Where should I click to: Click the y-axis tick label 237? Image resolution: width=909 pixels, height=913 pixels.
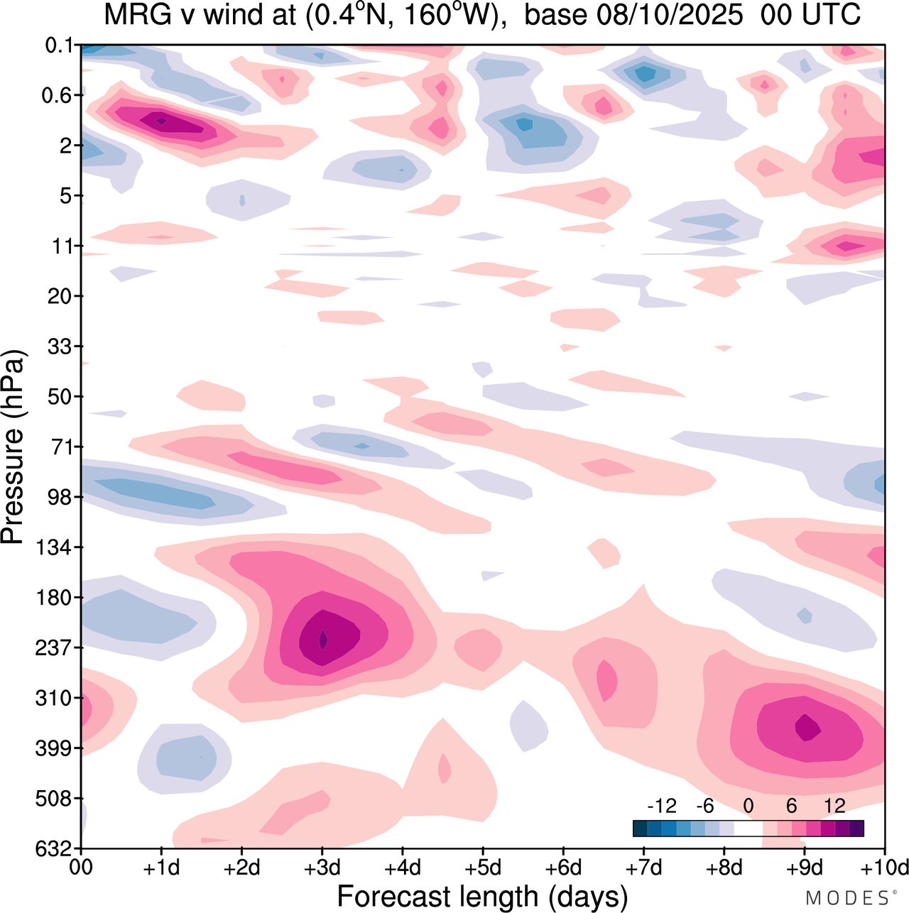[53, 647]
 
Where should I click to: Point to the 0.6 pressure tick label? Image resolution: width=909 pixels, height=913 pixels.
[57, 95]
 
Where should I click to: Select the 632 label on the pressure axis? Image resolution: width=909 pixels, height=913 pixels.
[53, 848]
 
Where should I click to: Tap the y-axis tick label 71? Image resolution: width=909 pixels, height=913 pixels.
[60, 447]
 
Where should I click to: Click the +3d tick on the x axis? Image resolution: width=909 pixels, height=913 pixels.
[322, 868]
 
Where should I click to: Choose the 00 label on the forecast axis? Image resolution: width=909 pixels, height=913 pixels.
[81, 868]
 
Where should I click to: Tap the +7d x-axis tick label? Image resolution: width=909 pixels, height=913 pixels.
[643, 868]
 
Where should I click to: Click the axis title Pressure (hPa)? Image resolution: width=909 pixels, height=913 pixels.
[13, 447]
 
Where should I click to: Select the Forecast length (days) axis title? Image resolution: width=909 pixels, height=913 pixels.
[482, 896]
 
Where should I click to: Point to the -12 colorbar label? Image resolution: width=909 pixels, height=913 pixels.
[661, 806]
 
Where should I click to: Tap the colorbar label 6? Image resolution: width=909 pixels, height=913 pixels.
[791, 806]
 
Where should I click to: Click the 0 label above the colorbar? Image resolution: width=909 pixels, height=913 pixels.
[748, 806]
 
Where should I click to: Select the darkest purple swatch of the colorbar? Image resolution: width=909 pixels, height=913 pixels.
[856, 829]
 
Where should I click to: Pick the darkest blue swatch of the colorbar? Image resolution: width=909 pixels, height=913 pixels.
[640, 829]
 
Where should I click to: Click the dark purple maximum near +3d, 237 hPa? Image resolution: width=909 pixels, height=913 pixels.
[323, 640]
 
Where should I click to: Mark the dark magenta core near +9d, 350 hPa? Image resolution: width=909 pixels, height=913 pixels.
[807, 727]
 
